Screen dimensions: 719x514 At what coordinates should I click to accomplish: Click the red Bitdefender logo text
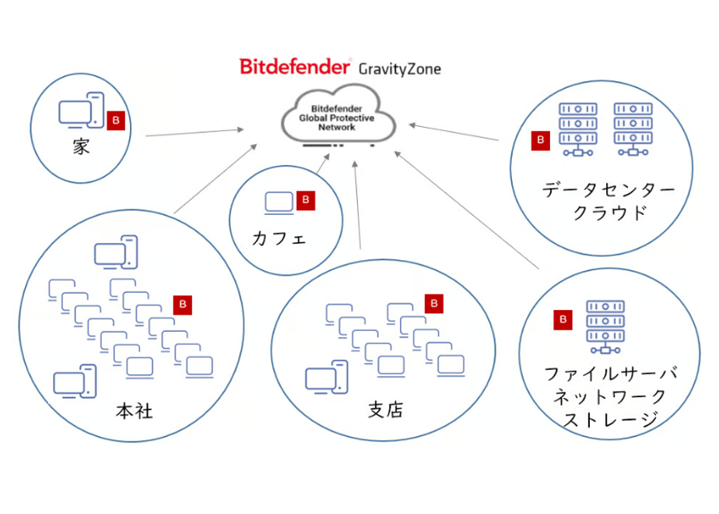(x=295, y=66)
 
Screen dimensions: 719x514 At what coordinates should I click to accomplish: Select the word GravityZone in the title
(x=399, y=69)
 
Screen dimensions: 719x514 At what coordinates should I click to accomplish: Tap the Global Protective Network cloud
(x=338, y=114)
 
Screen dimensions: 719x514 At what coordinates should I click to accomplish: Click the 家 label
(x=81, y=146)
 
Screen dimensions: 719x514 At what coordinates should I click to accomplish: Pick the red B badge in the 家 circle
(x=115, y=121)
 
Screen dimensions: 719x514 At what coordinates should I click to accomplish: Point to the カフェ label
(x=279, y=238)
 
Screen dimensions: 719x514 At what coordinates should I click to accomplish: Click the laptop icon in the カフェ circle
(x=279, y=202)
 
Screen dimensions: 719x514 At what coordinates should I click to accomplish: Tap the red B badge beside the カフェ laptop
(x=306, y=201)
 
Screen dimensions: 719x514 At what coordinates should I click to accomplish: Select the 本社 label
(x=134, y=410)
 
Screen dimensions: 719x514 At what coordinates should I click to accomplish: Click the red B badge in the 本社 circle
(x=183, y=305)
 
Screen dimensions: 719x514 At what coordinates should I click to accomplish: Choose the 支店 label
(x=385, y=410)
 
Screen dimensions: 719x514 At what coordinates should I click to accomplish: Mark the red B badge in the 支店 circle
(x=433, y=304)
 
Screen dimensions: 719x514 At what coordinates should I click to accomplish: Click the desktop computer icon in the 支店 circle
(x=327, y=378)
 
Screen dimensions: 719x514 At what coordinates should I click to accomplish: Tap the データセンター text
(x=609, y=189)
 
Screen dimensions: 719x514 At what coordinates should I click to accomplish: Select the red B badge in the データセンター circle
(x=541, y=141)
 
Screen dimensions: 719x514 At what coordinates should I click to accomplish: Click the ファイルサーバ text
(x=611, y=374)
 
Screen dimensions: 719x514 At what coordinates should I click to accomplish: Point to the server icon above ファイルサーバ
(x=605, y=327)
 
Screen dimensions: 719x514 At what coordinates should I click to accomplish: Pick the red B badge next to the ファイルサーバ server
(x=563, y=320)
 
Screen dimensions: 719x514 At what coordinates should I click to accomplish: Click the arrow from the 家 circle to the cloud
(x=195, y=132)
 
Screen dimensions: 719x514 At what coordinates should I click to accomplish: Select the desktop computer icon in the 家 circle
(x=82, y=110)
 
